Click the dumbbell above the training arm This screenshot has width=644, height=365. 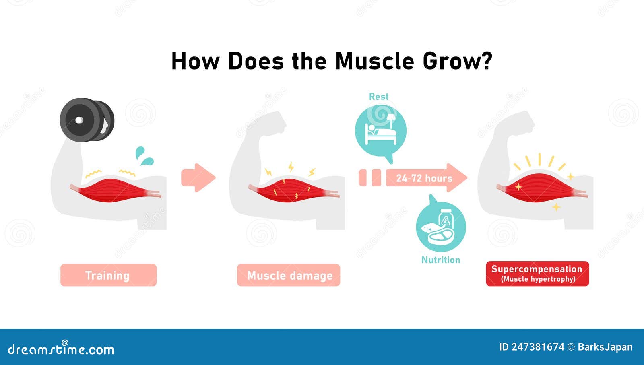point(87,120)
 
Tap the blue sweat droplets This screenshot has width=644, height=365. point(144,156)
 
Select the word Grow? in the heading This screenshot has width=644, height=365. point(457,61)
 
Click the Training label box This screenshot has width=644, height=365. point(108,275)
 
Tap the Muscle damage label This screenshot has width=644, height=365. point(289,275)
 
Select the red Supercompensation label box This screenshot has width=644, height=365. point(537,274)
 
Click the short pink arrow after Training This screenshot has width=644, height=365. point(198,177)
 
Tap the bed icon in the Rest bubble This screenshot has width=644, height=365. point(380,131)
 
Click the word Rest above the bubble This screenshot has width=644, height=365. point(379,97)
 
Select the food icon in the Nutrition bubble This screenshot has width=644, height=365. point(440,227)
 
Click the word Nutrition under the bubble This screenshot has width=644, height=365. point(441,260)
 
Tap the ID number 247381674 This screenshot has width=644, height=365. point(537,347)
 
